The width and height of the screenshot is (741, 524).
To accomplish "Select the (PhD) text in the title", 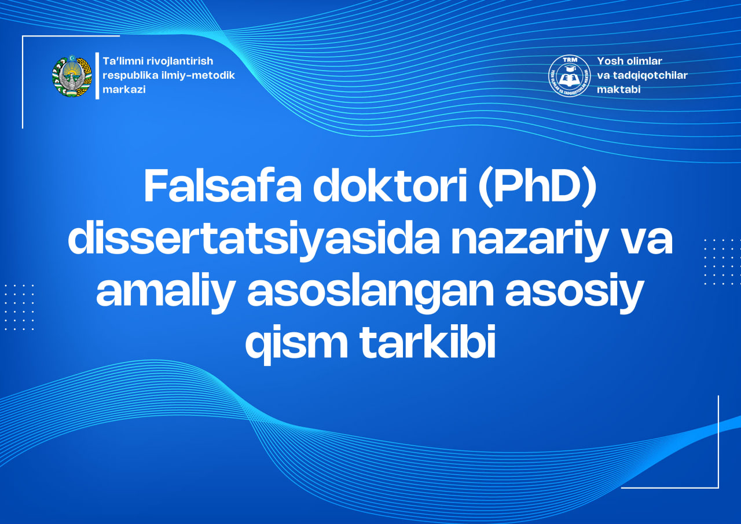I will point(538,186).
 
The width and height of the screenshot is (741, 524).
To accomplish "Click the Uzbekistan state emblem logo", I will point(72,76).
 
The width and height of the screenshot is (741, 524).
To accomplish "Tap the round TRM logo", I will point(569,76).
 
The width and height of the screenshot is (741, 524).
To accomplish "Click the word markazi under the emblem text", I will point(124,90).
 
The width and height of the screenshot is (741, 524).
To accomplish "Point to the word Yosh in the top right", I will point(609,61).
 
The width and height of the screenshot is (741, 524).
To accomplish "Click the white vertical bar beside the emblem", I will point(97,76).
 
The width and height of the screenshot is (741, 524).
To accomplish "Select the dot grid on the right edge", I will point(718,262).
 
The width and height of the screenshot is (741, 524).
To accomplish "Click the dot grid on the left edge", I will point(19,307).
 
